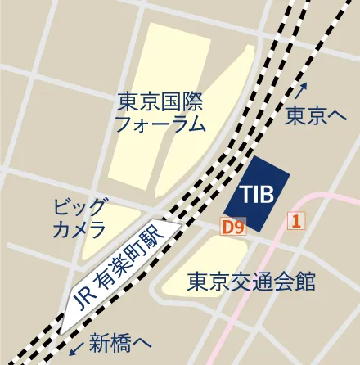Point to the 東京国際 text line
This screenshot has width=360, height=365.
pyautogui.click(x=160, y=102)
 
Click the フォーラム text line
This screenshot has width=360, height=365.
pyautogui.click(x=160, y=124)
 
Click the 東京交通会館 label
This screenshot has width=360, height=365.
pyautogui.click(x=251, y=282)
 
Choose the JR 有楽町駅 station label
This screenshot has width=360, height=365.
pyautogui.click(x=118, y=271)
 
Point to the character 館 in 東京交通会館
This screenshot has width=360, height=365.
pyautogui.click(x=305, y=282)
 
